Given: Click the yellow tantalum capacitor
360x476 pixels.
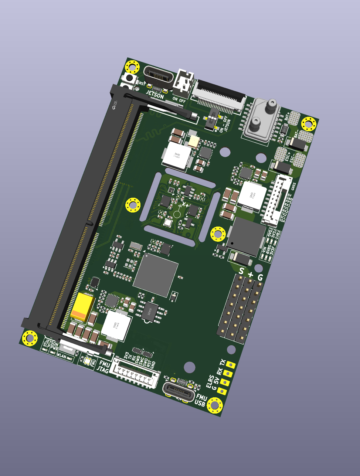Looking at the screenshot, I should (x=83, y=306).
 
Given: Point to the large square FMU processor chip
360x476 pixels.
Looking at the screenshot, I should (x=155, y=275).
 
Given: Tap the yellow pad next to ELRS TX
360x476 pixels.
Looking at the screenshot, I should (x=231, y=365).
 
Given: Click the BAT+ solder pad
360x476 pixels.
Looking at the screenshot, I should (x=295, y=118).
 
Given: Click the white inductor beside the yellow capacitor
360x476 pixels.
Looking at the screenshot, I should (x=116, y=326).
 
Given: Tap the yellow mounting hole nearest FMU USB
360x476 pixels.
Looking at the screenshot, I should (x=215, y=405).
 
